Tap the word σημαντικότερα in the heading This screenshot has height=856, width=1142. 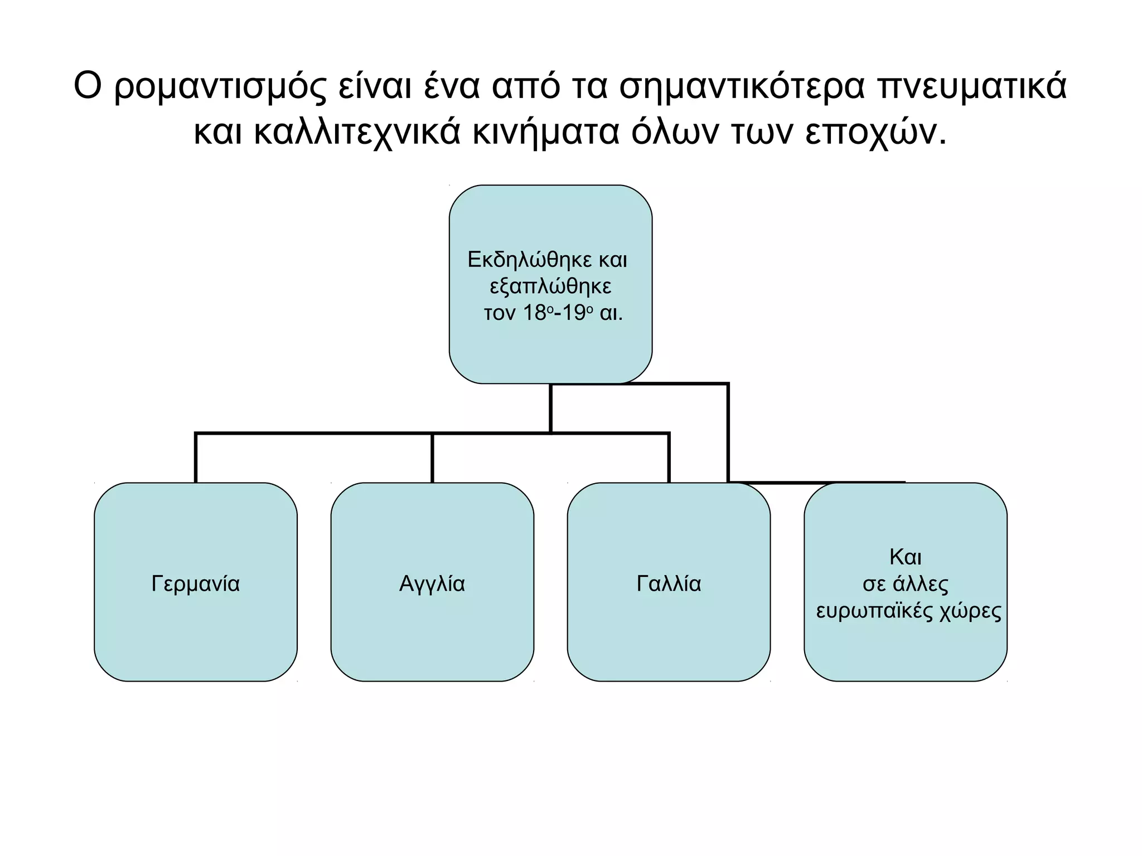[742, 87]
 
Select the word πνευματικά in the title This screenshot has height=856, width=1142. [972, 86]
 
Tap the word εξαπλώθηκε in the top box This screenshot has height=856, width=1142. [550, 286]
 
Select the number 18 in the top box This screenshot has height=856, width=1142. [534, 313]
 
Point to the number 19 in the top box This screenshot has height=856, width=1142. [573, 313]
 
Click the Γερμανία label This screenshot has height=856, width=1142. [196, 583]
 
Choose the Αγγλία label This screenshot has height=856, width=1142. [432, 583]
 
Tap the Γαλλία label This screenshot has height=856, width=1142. [669, 583]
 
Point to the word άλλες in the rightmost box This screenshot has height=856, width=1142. [921, 584]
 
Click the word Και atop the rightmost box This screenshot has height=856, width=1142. [906, 557]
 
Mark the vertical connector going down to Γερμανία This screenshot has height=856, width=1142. [196, 458]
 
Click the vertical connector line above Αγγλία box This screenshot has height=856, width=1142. [432, 458]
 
